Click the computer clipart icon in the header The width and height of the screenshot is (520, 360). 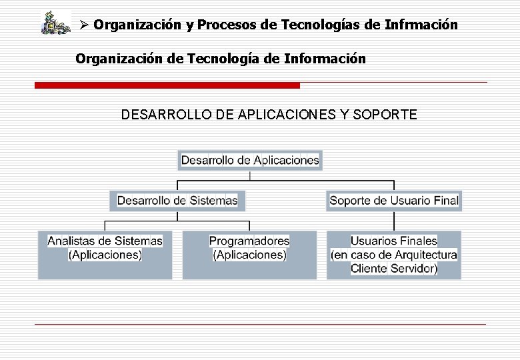pyautogui.click(x=55, y=23)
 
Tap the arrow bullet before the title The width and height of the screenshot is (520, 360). pyautogui.click(x=84, y=25)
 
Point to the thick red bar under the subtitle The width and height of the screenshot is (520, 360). pyautogui.click(x=167, y=85)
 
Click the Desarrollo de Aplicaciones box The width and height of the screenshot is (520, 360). pyautogui.click(x=250, y=160)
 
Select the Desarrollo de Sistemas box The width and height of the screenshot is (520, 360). pyautogui.click(x=177, y=200)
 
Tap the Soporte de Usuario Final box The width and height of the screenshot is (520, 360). pyautogui.click(x=394, y=200)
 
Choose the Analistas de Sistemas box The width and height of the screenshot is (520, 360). pyautogui.click(x=105, y=255)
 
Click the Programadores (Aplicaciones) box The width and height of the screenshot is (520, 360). pyautogui.click(x=249, y=255)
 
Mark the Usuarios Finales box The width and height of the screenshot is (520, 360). pyautogui.click(x=394, y=255)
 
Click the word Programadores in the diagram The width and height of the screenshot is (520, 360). pyautogui.click(x=249, y=241)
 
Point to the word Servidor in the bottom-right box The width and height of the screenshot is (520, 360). pyautogui.click(x=413, y=269)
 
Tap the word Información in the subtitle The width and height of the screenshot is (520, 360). pyautogui.click(x=325, y=59)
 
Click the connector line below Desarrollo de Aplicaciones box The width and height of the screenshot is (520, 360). pyautogui.click(x=250, y=175)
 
